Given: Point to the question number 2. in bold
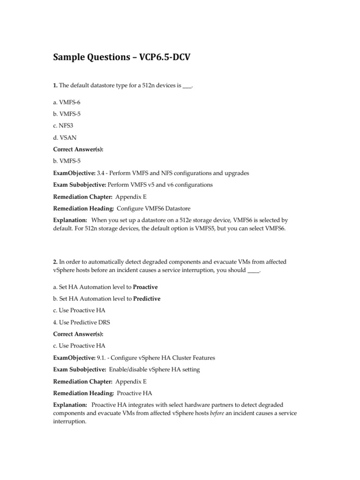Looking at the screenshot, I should click(x=54, y=262).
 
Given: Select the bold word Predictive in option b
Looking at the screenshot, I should click(x=147, y=299).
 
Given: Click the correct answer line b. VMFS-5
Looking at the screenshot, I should click(x=67, y=161).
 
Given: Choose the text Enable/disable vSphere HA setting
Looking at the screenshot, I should click(x=154, y=369).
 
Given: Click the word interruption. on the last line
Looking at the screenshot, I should click(x=69, y=421).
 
